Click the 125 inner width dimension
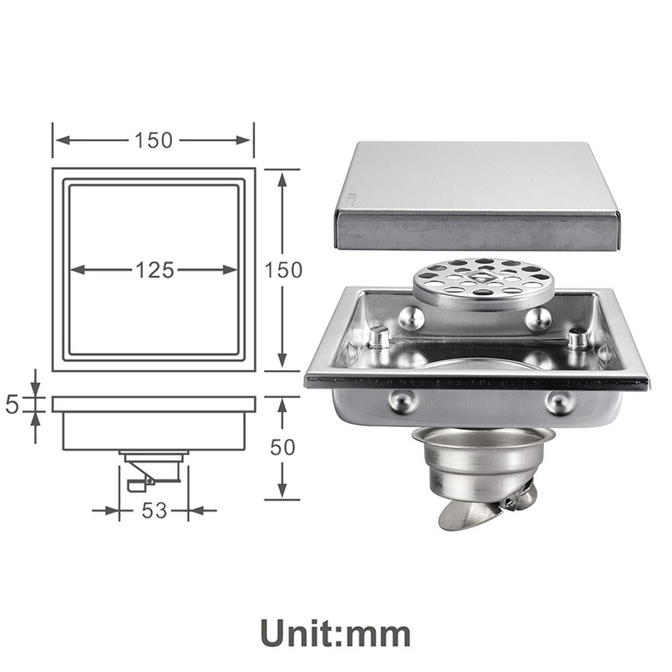(154, 270)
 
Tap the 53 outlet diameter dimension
(154, 510)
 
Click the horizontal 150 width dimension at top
(153, 140)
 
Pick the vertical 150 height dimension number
(283, 269)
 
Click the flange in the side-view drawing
(154, 404)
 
